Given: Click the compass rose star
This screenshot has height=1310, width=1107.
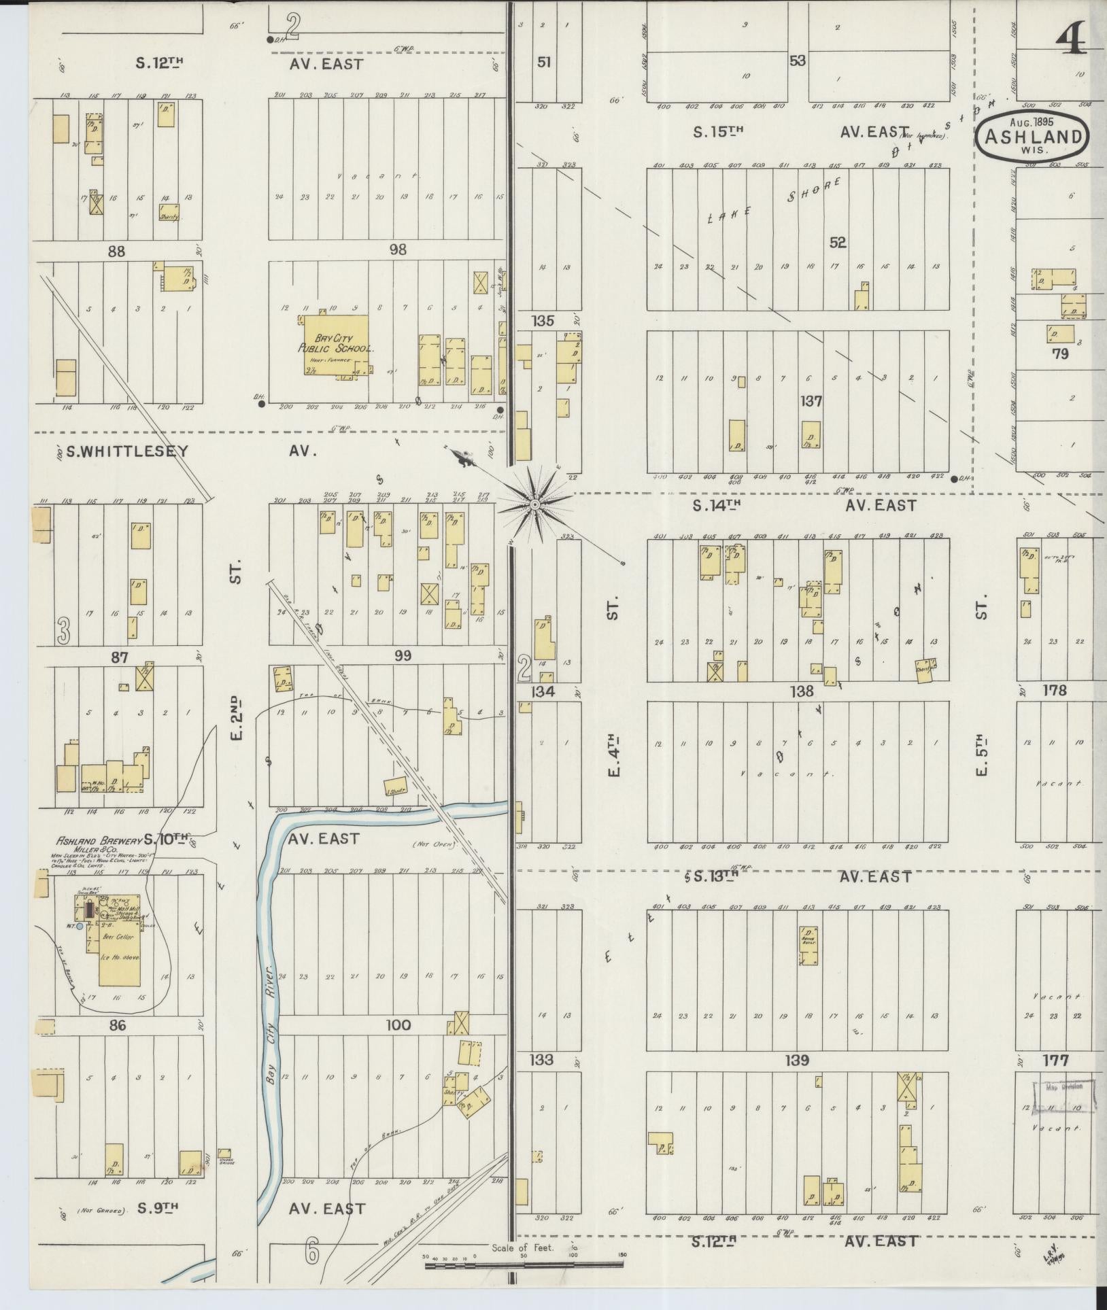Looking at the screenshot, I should [x=534, y=504].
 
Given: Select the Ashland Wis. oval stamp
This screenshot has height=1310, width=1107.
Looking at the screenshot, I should [x=1032, y=135].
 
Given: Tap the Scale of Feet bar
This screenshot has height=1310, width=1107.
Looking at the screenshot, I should [x=524, y=1264].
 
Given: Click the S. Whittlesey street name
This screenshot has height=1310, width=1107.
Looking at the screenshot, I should [x=127, y=451].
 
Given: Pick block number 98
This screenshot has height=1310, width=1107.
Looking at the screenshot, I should [x=398, y=249].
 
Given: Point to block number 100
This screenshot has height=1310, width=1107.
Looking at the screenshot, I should [x=398, y=1044].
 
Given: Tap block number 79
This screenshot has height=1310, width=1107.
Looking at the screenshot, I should [x=1059, y=354].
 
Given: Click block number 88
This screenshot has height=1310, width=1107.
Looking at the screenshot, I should [x=117, y=251].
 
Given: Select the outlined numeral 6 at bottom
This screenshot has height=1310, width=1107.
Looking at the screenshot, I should [x=312, y=1249].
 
